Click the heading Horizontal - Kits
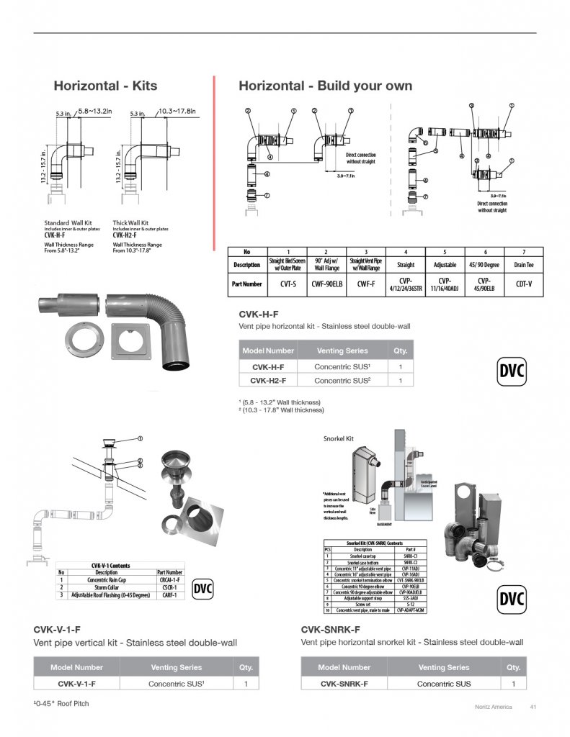(105, 86)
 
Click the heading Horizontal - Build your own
(325, 86)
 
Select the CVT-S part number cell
(288, 284)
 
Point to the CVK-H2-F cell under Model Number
(268, 380)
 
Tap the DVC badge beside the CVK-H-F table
(512, 372)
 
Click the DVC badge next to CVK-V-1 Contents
(204, 590)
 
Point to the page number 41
(533, 707)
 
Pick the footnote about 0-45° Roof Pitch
(61, 703)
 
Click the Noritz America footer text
(493, 707)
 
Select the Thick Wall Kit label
(130, 223)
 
